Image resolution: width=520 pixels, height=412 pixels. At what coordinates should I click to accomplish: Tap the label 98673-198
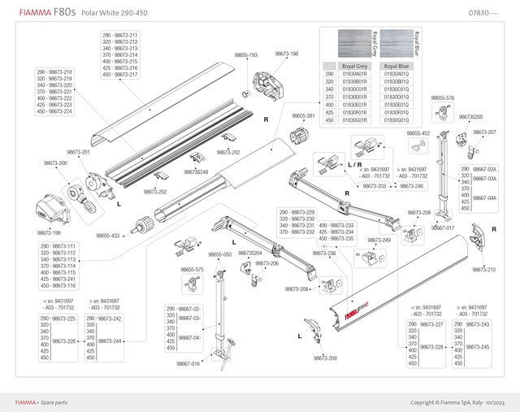point(286,54)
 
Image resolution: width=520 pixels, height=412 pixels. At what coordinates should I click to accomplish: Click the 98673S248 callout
point(196,172)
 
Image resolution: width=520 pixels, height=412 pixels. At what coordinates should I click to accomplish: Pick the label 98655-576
point(442,98)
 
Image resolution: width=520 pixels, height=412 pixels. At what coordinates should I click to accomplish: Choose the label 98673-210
point(483,269)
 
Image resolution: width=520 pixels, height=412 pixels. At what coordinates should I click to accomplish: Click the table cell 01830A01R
point(355,74)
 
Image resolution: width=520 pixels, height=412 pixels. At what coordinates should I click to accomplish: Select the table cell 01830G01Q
point(396,120)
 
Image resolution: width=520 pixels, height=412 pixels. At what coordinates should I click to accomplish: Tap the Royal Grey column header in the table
point(355,65)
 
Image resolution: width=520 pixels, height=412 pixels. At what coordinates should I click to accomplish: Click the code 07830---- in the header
point(483,13)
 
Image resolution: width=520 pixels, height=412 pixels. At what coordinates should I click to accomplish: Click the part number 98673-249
point(379,241)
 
